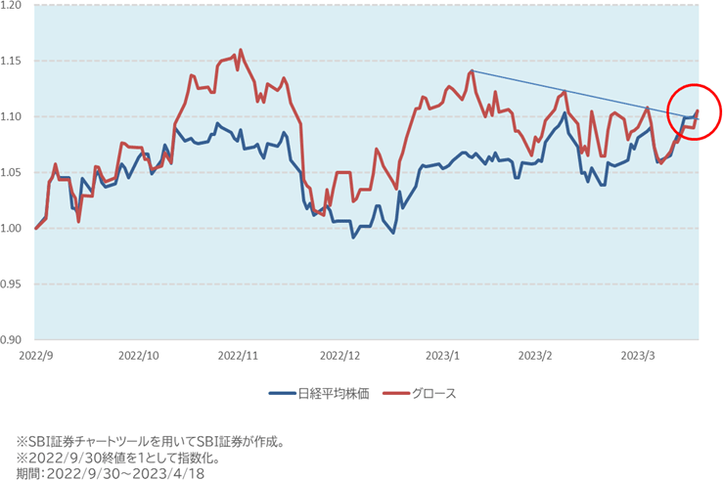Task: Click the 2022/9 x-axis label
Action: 35,356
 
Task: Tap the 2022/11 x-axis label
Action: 237,356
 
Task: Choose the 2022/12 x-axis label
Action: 339,356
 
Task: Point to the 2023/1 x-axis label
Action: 443,356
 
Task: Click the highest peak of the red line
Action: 240,50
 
